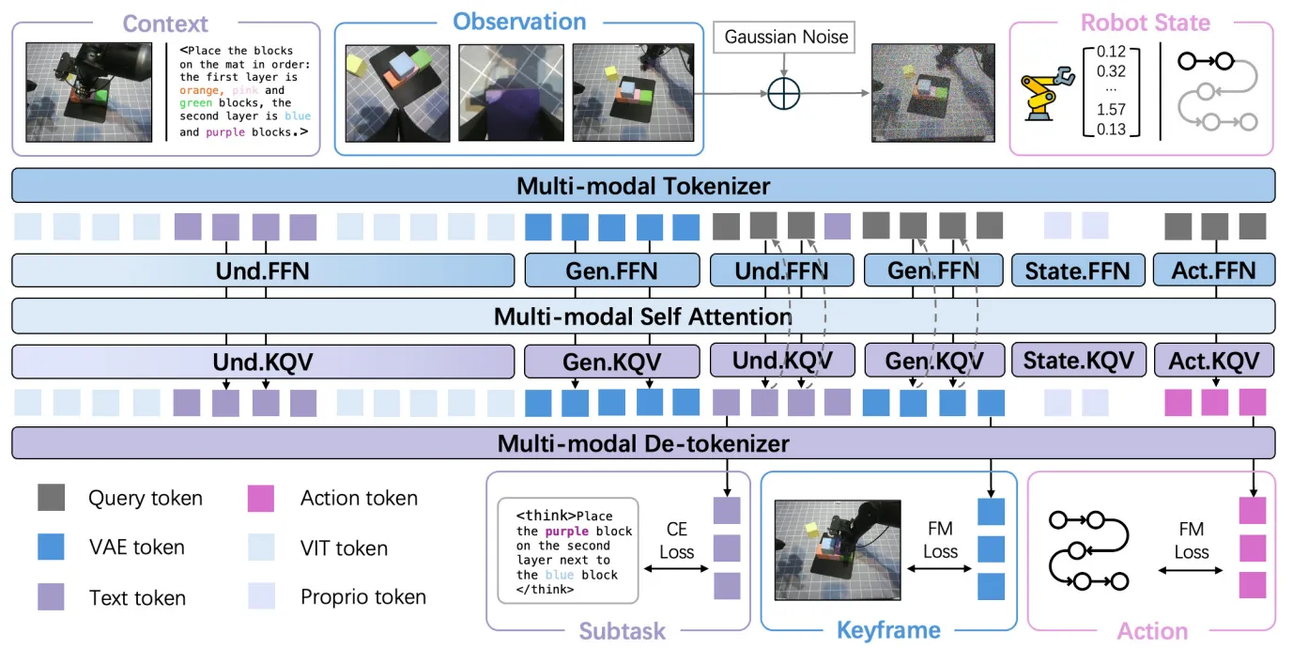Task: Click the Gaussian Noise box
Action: coord(787,38)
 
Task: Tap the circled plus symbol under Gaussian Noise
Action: coord(786,93)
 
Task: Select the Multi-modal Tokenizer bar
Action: coord(643,186)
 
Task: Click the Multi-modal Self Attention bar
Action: coord(643,316)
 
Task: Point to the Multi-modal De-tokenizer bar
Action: coord(643,443)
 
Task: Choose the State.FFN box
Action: coord(1077,271)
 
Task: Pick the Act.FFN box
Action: coord(1213,271)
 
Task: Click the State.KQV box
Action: coord(1077,361)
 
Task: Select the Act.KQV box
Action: coord(1213,361)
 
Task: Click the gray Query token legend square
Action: coord(52,498)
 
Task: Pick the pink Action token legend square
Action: coord(260,498)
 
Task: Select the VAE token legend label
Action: coord(136,548)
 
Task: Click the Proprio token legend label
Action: coord(362,597)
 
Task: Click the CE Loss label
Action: coord(676,541)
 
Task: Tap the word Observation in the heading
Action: coord(519,22)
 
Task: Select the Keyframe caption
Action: coord(888,631)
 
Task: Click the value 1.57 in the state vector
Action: coord(1111,110)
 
